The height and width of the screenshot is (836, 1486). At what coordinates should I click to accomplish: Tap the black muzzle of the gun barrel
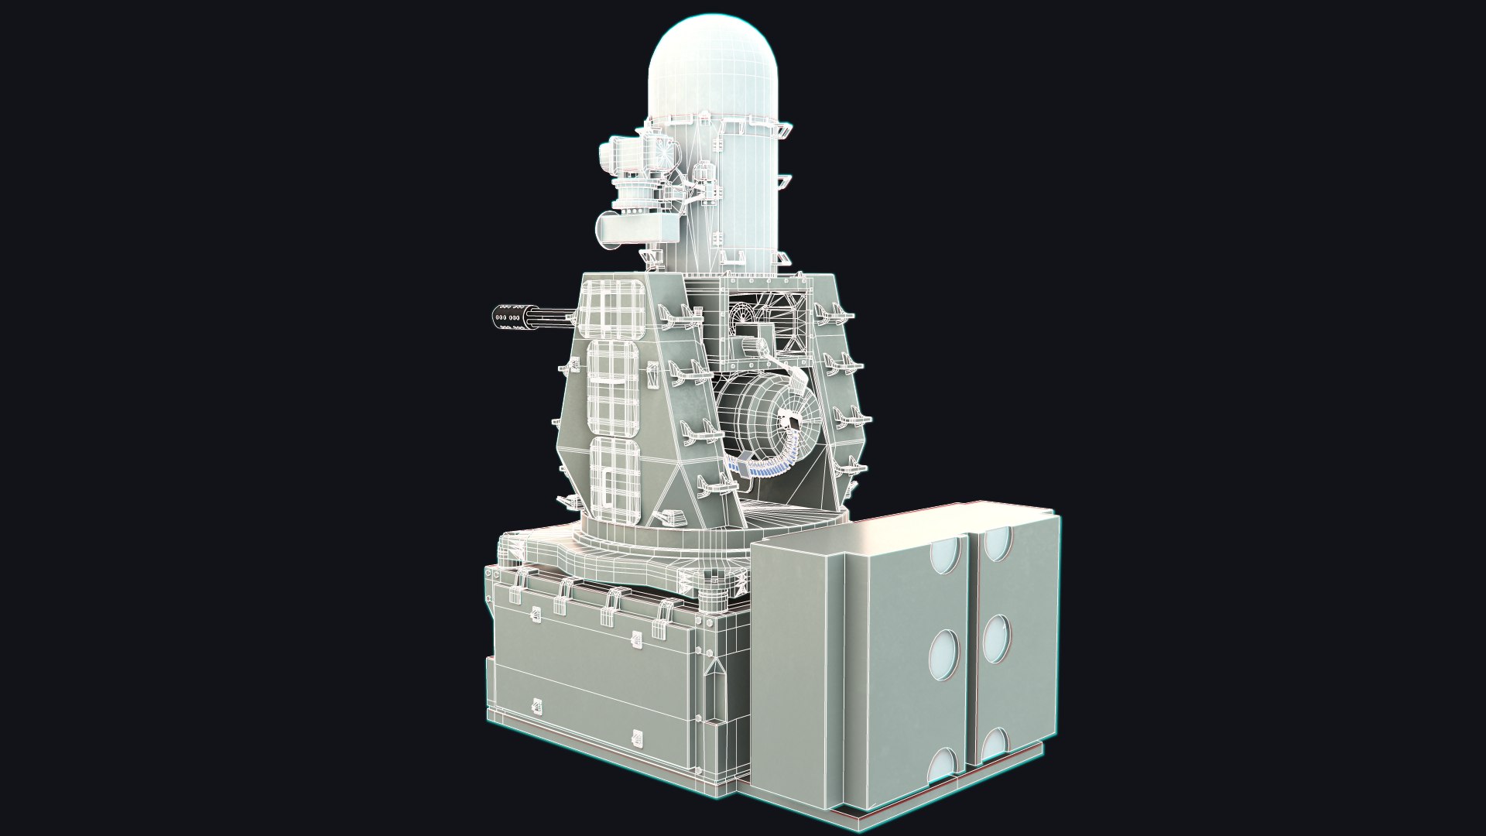point(507,317)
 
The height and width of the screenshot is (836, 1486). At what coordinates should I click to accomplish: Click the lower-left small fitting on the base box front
point(535,706)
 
